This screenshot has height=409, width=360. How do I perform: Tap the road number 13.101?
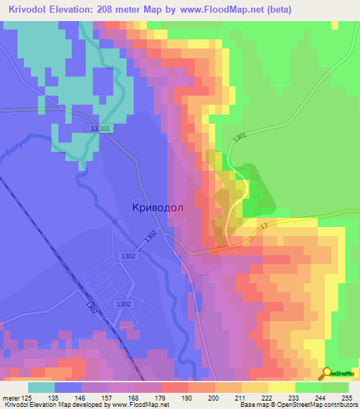[101, 129]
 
